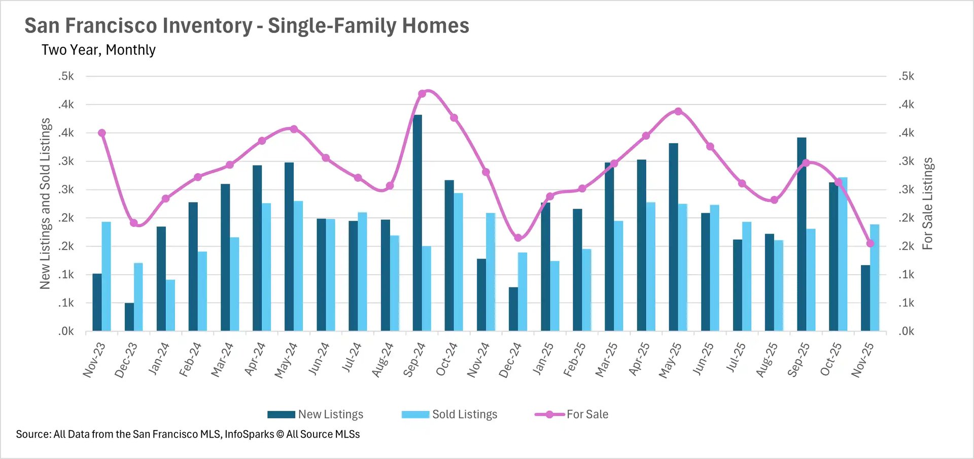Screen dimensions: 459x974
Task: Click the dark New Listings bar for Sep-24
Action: pyautogui.click(x=417, y=223)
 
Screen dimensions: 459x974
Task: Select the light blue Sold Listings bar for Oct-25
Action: pyautogui.click(x=843, y=254)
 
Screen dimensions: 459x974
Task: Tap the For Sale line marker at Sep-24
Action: pyautogui.click(x=422, y=94)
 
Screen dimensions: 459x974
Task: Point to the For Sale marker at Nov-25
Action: pyautogui.click(x=871, y=244)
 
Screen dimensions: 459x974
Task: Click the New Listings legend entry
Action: pyautogui.click(x=316, y=414)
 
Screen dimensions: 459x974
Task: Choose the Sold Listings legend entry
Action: pyautogui.click(x=449, y=414)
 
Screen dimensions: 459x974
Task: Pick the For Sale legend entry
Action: pyautogui.click(x=572, y=414)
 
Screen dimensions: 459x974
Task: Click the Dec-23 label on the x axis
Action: pyautogui.click(x=126, y=359)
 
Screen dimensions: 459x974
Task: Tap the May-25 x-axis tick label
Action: pyautogui.click(x=670, y=359)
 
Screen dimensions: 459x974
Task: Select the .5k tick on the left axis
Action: pyautogui.click(x=66, y=76)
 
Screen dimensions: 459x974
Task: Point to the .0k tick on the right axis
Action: pyautogui.click(x=906, y=331)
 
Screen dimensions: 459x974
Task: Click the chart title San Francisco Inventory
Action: pyautogui.click(x=247, y=25)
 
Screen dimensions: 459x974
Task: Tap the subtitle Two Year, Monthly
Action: pyautogui.click(x=98, y=50)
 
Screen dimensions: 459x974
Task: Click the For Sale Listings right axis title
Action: pyautogui.click(x=927, y=203)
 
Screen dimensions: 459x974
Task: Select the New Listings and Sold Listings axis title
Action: pyautogui.click(x=46, y=203)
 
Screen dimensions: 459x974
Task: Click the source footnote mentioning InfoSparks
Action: pyautogui.click(x=188, y=434)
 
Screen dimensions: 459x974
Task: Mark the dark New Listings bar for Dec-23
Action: pyautogui.click(x=129, y=317)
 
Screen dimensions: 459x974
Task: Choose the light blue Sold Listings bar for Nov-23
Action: pyautogui.click(x=106, y=276)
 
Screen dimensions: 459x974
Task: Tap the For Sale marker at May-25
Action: pyautogui.click(x=678, y=112)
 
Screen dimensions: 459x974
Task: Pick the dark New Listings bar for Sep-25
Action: pyautogui.click(x=801, y=234)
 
